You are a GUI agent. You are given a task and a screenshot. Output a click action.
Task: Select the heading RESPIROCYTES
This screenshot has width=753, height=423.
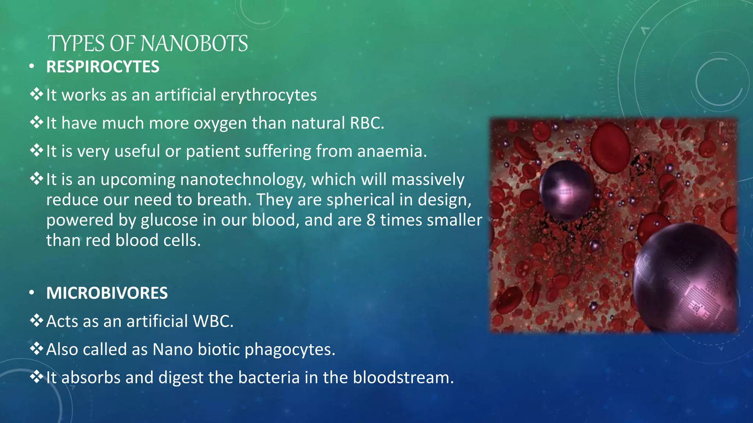pyautogui.click(x=103, y=67)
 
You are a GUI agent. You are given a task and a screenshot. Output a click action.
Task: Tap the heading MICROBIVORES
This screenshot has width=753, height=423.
pyautogui.click(x=107, y=293)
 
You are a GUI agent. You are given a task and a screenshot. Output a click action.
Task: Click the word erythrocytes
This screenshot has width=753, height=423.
pyautogui.click(x=268, y=95)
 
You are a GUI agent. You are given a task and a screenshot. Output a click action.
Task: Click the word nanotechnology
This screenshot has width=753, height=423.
pyautogui.click(x=243, y=180)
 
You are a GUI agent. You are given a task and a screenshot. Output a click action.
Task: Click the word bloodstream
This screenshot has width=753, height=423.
pyautogui.click(x=403, y=377)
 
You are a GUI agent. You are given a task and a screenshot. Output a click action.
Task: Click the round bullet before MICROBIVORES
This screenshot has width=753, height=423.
pyautogui.click(x=32, y=293)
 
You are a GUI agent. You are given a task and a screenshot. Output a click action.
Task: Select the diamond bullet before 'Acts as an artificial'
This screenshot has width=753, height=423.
pyautogui.click(x=36, y=321)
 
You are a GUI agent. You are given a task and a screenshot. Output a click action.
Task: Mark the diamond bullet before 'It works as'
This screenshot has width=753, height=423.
pyautogui.click(x=36, y=95)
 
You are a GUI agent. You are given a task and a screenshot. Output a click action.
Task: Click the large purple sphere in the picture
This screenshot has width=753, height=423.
pyautogui.click(x=684, y=279)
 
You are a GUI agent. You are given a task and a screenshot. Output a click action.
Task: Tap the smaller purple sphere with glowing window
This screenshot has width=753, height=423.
pyautogui.click(x=565, y=190)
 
